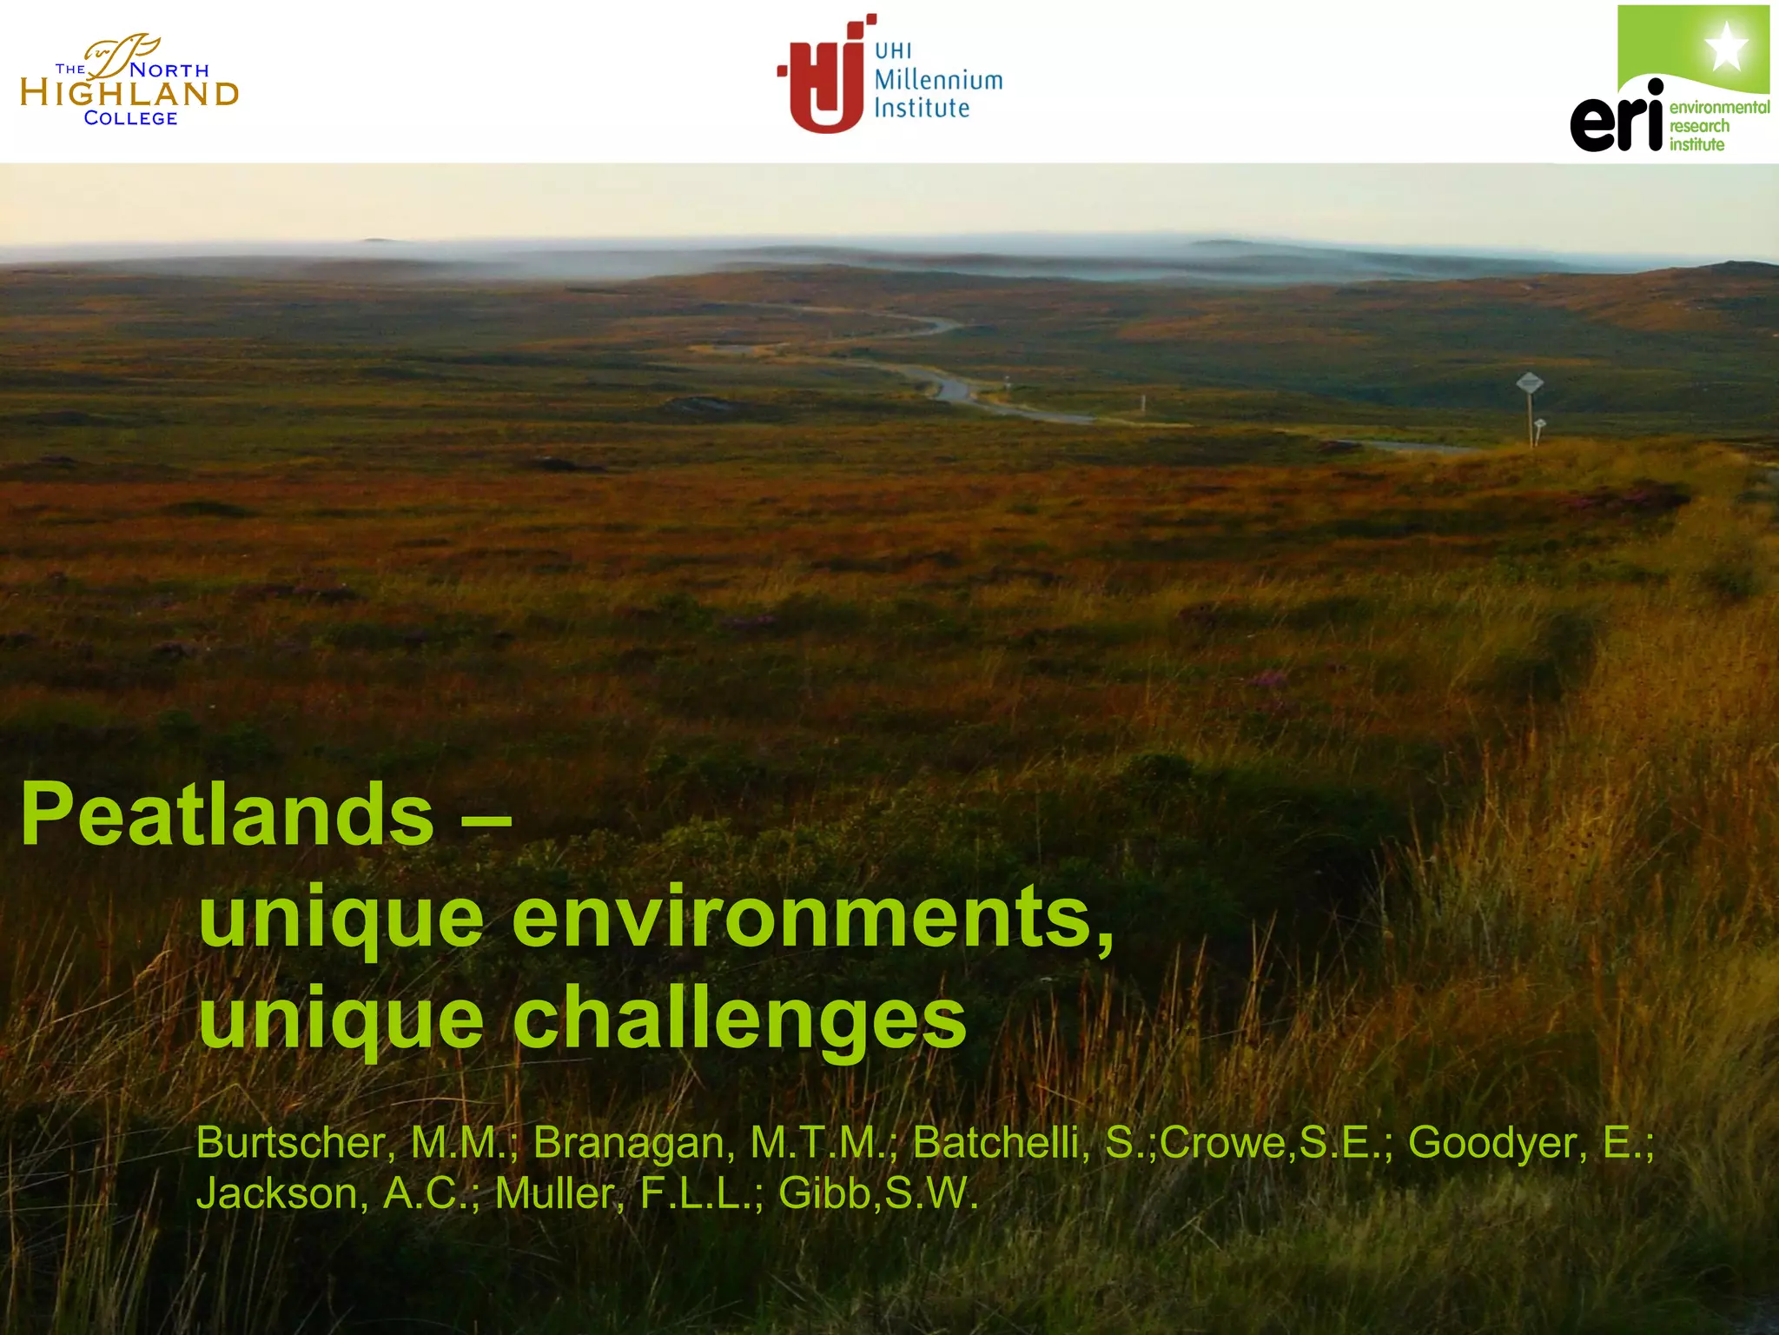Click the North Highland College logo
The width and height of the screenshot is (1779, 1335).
[129, 82]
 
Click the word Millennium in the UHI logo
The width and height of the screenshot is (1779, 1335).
[938, 81]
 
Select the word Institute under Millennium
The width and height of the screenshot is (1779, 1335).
[922, 109]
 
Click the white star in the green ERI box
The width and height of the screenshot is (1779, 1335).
[1727, 48]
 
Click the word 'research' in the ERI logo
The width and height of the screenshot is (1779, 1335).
[1699, 126]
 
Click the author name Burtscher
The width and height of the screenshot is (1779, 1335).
[290, 1142]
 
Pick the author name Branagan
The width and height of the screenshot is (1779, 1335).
[630, 1142]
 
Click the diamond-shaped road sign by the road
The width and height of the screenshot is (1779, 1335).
[1529, 382]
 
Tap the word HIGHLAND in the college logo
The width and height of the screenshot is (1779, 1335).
[129, 94]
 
